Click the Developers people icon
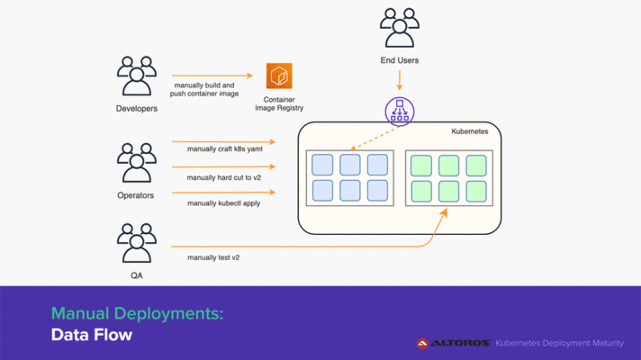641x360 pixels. pyautogui.click(x=137, y=76)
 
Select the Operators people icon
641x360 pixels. pyautogui.click(x=137, y=163)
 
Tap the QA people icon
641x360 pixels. pyautogui.click(x=137, y=242)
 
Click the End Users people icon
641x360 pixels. pyautogui.click(x=400, y=28)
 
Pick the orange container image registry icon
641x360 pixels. pyautogui.click(x=280, y=76)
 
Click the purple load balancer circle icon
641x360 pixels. pyautogui.click(x=400, y=112)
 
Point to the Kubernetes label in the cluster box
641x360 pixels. pyautogui.click(x=469, y=131)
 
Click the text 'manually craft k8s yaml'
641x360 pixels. pyautogui.click(x=224, y=148)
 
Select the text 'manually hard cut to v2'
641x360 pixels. pyautogui.click(x=224, y=177)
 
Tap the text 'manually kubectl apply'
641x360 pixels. pyautogui.click(x=224, y=202)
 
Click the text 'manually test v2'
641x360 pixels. pyautogui.click(x=213, y=257)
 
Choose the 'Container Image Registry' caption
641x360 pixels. pyautogui.click(x=279, y=103)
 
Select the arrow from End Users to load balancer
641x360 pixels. pyautogui.click(x=400, y=80)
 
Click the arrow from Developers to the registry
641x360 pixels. pyautogui.click(x=213, y=76)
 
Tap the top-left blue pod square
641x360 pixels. pyautogui.click(x=322, y=165)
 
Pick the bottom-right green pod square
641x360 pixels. pyautogui.click(x=475, y=191)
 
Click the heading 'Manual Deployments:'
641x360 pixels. pyautogui.click(x=137, y=313)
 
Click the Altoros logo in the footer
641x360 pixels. pyautogui.click(x=453, y=343)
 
